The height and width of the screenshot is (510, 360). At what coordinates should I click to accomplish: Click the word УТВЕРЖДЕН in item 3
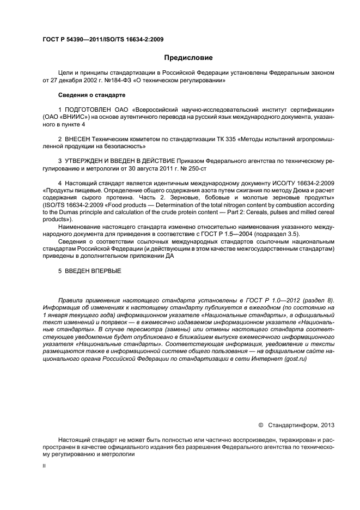point(87,161)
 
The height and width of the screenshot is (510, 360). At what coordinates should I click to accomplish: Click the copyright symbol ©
point(260,424)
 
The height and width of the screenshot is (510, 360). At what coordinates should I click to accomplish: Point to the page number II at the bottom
point(44,466)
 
